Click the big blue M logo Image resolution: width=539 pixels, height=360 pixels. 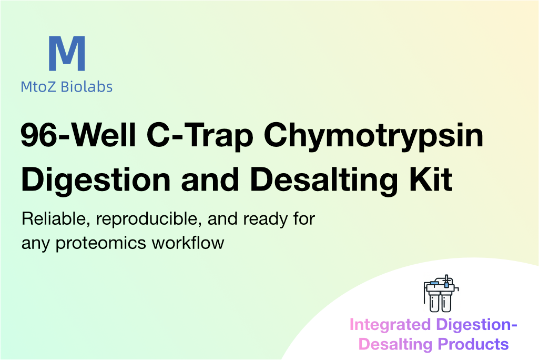pos(67,53)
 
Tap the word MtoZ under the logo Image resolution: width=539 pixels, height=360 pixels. pos(38,87)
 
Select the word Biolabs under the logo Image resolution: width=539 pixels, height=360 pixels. pos(87,87)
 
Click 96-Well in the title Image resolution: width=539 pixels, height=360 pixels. pos(78,135)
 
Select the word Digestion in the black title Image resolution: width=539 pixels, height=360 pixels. pos(96,181)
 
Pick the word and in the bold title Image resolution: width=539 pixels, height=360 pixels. pos(210,179)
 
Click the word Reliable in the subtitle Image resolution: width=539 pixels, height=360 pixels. pos(56,219)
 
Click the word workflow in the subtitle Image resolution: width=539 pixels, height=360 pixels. pos(188,243)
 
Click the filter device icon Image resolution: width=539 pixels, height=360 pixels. pos(441,294)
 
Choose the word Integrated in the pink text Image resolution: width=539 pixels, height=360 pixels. pos(390,325)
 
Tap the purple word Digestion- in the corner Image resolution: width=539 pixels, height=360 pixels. pos(477,325)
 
